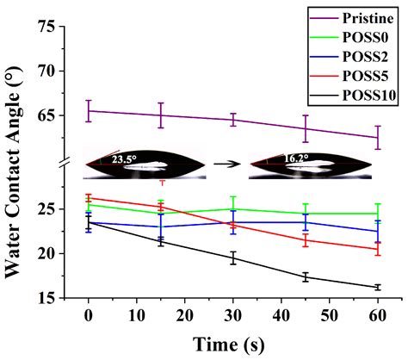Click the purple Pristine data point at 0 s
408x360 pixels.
88,110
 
